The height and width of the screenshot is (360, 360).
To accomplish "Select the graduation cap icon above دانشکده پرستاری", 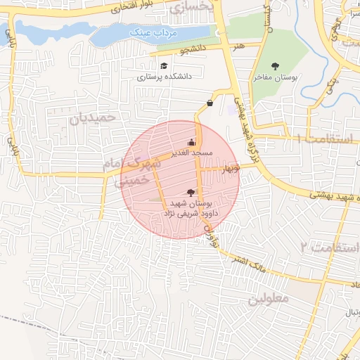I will [x=164, y=65].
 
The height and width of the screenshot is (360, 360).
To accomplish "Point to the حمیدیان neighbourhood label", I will [x=91, y=117].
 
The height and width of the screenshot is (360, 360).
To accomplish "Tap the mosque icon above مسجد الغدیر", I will [x=191, y=141].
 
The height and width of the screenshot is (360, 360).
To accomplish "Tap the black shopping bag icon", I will [x=210, y=103].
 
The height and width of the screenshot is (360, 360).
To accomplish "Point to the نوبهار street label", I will [x=229, y=169].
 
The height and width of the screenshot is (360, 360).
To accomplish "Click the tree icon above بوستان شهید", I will [x=191, y=192].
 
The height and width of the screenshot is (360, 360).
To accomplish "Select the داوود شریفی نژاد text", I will [x=191, y=212].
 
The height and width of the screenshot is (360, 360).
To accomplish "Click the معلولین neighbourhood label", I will [x=268, y=298].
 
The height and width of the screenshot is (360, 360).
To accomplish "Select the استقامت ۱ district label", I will [x=328, y=138].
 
